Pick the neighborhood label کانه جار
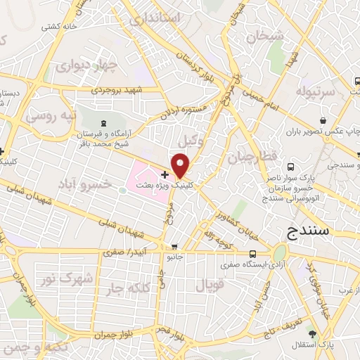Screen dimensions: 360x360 click(x=127, y=288)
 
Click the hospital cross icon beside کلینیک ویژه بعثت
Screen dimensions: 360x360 click(x=165, y=174)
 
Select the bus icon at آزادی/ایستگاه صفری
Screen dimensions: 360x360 click(x=252, y=255)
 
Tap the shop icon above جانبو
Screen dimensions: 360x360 click(x=174, y=247)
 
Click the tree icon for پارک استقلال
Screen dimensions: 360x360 click(x=323, y=334)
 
